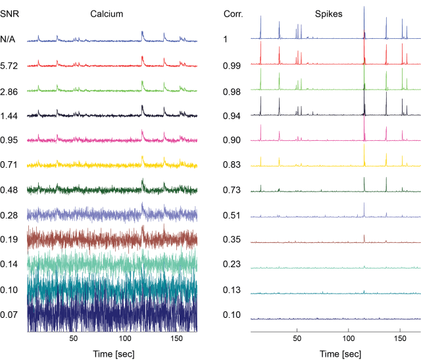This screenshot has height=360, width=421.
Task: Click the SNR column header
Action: pyautogui.click(x=10, y=14)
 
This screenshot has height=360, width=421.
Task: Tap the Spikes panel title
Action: pyautogui.click(x=335, y=14)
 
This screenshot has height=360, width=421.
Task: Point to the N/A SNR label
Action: pyautogui.click(x=10, y=39)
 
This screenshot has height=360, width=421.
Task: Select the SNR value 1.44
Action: pyautogui.click(x=10, y=115)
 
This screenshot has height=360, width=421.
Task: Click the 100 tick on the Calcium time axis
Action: pyautogui.click(x=125, y=340)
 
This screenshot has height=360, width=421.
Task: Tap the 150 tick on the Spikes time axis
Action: pyautogui.click(x=401, y=340)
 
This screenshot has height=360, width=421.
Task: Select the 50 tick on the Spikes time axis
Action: pyautogui.click(x=297, y=340)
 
